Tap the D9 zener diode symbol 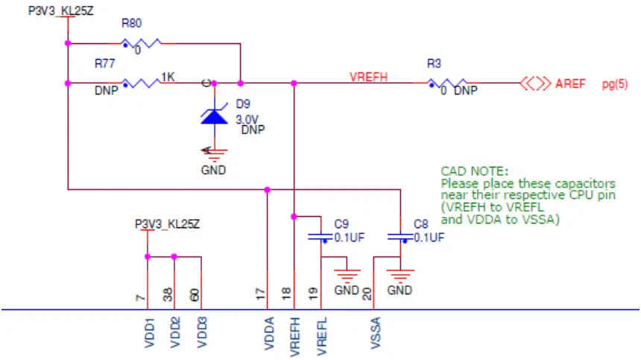pos(215,116)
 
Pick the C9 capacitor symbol pos(323,237)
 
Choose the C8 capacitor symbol pos(400,237)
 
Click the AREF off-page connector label pos(572,83)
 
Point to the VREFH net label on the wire pos(370,76)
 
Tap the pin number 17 pos(261,295)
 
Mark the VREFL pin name pos(322,334)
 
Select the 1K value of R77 pos(168,76)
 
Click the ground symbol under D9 pos(215,155)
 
